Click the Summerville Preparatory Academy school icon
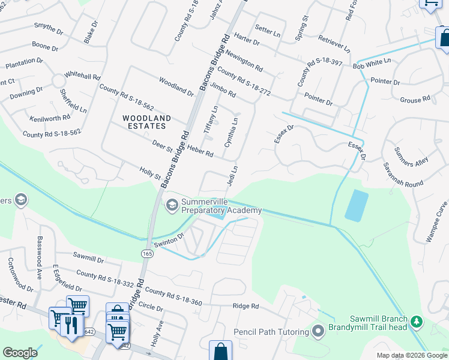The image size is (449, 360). [172, 206]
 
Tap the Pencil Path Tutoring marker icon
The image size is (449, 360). [318, 330]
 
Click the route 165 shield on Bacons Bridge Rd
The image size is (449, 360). [147, 254]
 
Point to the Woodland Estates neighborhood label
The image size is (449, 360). [147, 122]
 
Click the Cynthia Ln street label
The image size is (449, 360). [231, 132]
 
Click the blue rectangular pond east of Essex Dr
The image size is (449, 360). [357, 206]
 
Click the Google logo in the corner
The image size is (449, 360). [20, 353]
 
